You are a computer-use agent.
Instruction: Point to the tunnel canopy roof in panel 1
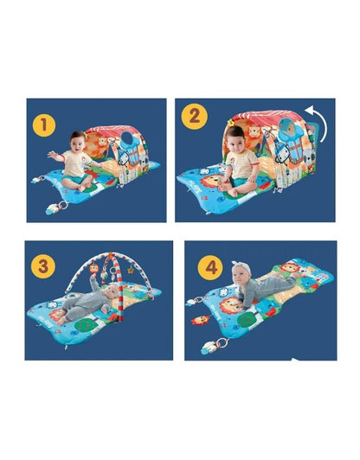121,121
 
